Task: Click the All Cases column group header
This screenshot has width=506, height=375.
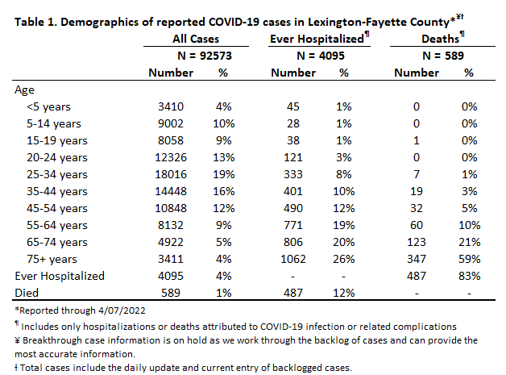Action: click(x=196, y=39)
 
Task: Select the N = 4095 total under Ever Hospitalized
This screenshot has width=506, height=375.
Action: click(x=321, y=56)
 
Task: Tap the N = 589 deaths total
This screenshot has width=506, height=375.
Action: click(x=443, y=56)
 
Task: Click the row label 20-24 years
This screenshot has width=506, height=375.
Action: click(x=57, y=157)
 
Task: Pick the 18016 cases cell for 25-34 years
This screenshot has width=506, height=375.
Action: click(x=171, y=174)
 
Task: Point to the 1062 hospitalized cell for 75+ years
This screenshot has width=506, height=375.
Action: click(x=293, y=259)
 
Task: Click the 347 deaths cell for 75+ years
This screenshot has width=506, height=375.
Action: click(x=417, y=259)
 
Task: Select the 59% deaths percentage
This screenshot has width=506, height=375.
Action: click(x=470, y=259)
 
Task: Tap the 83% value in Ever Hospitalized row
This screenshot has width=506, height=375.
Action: click(x=470, y=276)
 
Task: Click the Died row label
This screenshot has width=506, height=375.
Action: click(x=27, y=293)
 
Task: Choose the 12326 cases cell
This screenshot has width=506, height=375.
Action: click(x=171, y=157)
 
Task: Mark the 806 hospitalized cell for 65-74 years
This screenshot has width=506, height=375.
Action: click(x=293, y=242)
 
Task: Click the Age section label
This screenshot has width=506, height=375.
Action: click(x=24, y=90)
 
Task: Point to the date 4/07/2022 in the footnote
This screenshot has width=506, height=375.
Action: click(x=122, y=310)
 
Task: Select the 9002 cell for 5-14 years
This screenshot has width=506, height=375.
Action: click(x=171, y=123)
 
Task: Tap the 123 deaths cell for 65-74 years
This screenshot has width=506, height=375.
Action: click(x=417, y=242)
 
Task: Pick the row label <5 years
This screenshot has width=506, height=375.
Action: click(x=48, y=107)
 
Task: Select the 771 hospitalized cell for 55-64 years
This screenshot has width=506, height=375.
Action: click(x=293, y=225)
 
